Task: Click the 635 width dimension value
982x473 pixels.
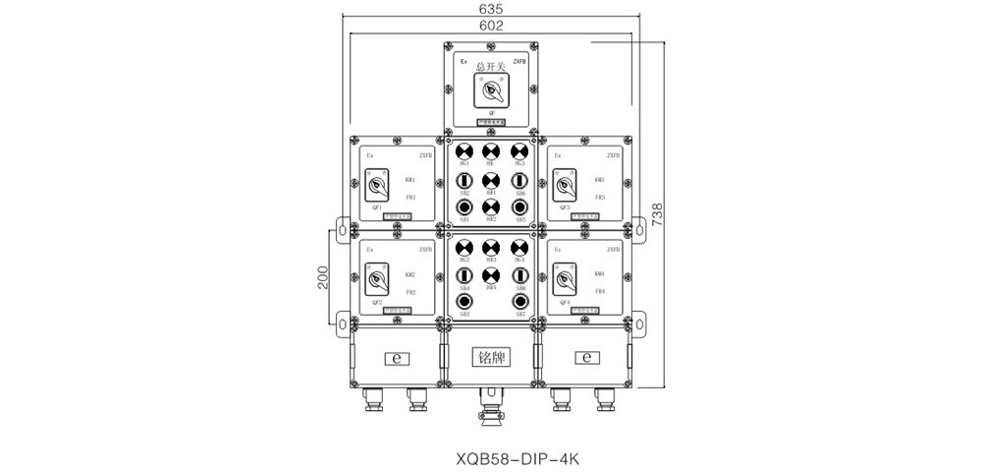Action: [x=490, y=8]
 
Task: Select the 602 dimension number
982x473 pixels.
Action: [x=490, y=27]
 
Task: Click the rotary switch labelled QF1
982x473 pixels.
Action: [x=375, y=186]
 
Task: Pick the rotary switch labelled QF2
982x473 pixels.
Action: [x=375, y=281]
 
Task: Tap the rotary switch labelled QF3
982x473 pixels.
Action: [x=565, y=186]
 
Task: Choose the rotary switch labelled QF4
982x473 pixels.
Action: [x=565, y=281]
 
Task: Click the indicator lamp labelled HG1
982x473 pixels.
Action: [x=464, y=151]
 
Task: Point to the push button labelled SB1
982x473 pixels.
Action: [x=464, y=207]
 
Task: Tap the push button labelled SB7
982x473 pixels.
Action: [x=519, y=302]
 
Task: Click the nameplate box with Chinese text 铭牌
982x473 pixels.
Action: [x=491, y=356]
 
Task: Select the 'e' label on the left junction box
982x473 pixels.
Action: [x=397, y=357]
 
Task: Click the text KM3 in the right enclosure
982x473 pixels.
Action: [x=599, y=180]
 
